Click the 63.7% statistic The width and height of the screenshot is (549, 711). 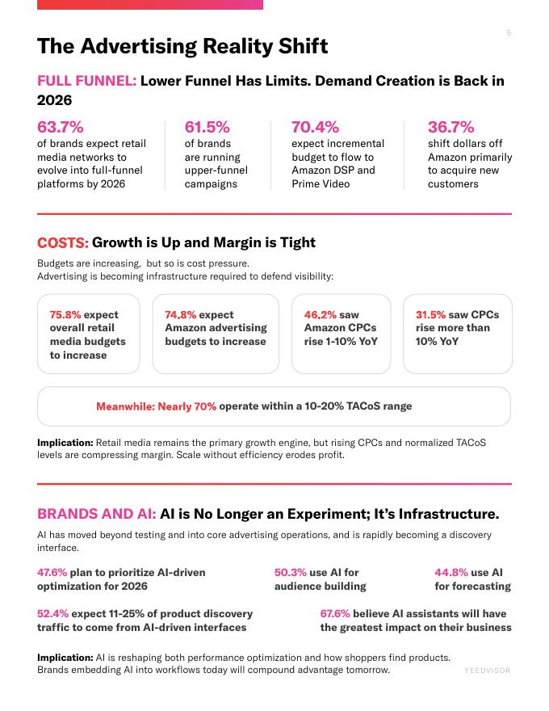pos(61,127)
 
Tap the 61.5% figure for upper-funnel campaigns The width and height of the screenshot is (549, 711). pos(207,127)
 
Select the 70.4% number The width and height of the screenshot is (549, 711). pos(315,127)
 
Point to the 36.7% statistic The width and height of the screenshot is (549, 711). pos(451,127)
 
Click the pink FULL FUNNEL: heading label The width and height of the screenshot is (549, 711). pos(86,81)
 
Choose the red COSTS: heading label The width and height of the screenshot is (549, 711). pos(62,242)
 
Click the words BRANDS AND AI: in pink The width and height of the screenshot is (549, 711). pos(97,514)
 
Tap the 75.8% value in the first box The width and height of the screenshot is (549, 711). pos(65,314)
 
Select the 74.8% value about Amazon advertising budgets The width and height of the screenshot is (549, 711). pos(180,314)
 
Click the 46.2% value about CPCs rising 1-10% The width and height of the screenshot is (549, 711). pos(321,314)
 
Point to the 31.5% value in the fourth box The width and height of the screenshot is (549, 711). pos(431,314)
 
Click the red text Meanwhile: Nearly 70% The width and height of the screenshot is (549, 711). pos(157,406)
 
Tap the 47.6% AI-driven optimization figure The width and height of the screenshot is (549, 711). pos(52,573)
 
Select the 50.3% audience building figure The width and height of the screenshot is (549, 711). pos(291,573)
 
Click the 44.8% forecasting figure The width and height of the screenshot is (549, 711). pos(451,573)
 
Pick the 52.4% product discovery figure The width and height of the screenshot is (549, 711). pos(53,613)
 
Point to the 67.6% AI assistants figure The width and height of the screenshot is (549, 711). pos(335,613)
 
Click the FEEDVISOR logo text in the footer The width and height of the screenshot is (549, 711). pos(488,671)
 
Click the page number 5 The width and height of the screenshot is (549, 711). pos(509,32)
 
